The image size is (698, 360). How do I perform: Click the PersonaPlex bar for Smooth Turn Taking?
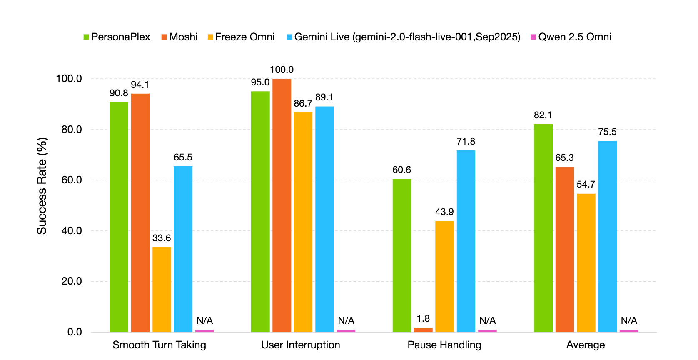[119, 217]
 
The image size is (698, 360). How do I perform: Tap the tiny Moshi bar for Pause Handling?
[423, 330]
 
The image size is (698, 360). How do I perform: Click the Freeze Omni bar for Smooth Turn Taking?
[162, 289]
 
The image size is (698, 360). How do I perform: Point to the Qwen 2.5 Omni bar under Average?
[629, 331]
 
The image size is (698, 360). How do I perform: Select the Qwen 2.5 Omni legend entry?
[571, 37]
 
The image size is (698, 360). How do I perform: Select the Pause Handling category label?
[444, 345]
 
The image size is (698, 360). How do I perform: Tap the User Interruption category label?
[301, 345]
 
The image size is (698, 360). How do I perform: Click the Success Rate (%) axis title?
[42, 186]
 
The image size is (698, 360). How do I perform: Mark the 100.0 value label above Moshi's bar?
[282, 70]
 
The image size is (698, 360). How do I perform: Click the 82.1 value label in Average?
[543, 115]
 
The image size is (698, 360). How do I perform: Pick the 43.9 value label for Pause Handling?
[444, 212]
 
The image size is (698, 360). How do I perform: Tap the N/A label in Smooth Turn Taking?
[204, 320]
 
